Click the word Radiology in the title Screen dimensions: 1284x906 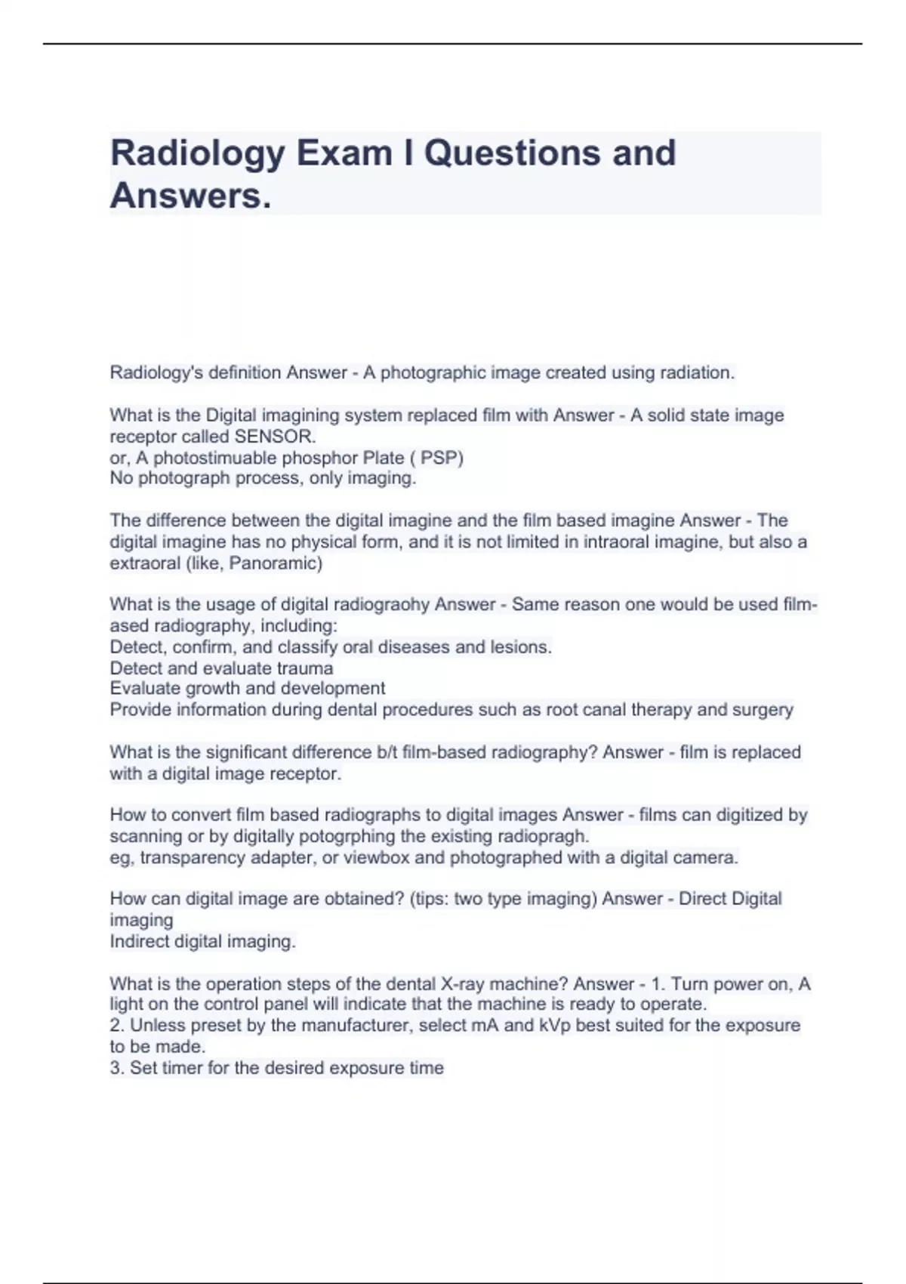198,153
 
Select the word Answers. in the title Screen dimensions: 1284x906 190,196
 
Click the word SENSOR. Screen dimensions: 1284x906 275,437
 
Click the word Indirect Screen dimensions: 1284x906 140,941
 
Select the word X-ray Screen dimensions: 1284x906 464,983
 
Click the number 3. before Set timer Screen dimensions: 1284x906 117,1068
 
